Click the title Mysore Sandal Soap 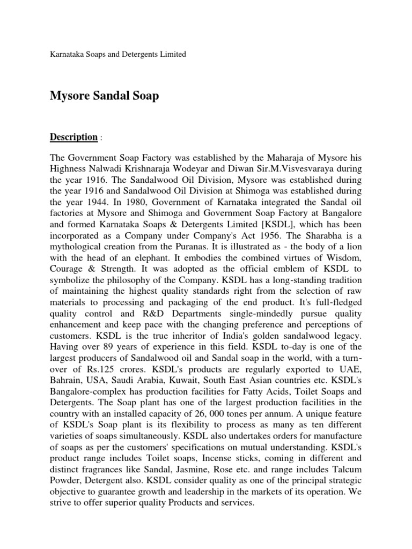click(105, 96)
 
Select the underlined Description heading click(73, 137)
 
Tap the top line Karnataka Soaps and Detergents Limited click(118, 54)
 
